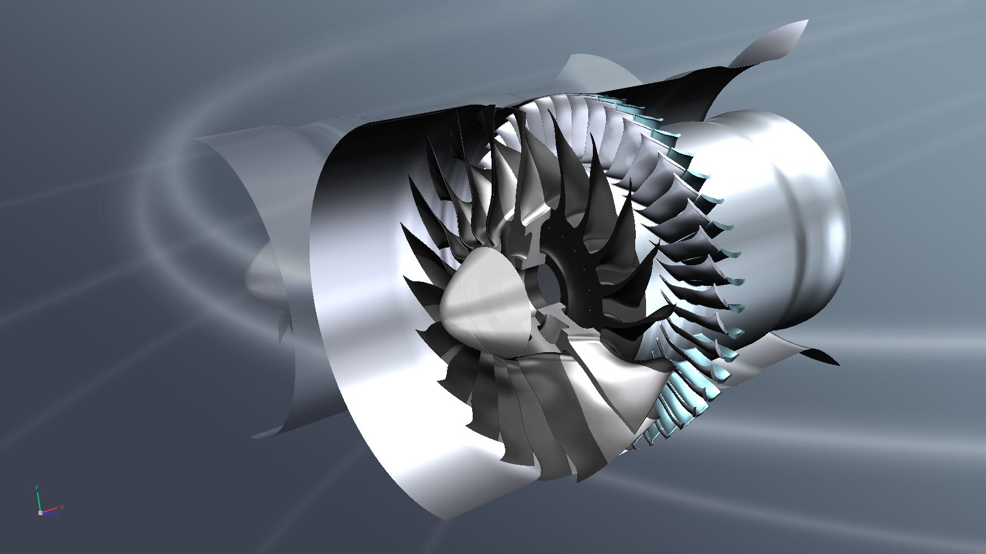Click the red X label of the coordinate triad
(62, 507)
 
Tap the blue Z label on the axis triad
(58, 515)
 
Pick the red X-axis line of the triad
(50, 509)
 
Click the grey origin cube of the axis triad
(40, 513)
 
